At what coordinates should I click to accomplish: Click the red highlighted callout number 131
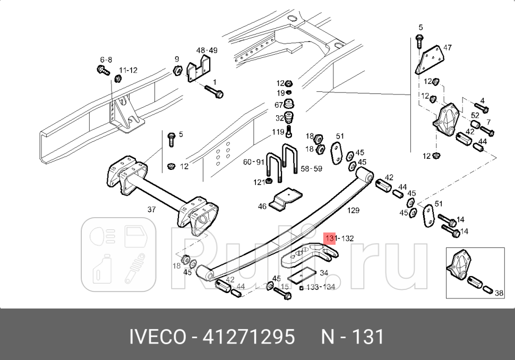[x=331, y=238]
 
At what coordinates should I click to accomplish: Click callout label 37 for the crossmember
[x=151, y=210]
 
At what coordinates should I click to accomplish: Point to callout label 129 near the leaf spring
[x=353, y=211]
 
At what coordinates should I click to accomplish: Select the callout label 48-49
[x=207, y=50]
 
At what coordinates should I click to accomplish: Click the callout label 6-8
[x=106, y=60]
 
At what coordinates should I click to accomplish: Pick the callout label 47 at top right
[x=447, y=48]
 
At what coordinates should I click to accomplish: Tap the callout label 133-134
[x=322, y=287]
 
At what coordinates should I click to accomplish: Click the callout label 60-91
[x=254, y=162]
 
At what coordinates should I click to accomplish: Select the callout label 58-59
[x=312, y=169]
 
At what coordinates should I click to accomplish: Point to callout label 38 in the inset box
[x=499, y=292]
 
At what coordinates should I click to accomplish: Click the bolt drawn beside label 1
[x=214, y=92]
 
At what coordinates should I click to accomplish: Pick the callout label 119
[x=279, y=132]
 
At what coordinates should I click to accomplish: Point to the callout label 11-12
[x=128, y=70]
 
